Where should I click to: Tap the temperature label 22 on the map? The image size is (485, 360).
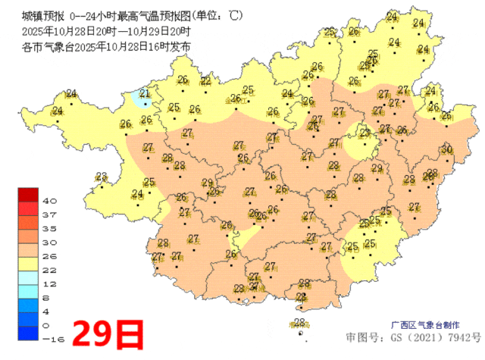[x=206, y=81]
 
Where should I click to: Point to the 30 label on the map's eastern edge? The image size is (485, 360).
[x=447, y=149]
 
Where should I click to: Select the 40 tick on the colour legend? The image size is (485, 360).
[x=49, y=201]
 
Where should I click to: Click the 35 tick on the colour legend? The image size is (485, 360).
[x=49, y=228]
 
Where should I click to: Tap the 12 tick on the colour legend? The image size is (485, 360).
[x=49, y=283]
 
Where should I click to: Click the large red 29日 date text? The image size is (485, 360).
[x=108, y=332]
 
